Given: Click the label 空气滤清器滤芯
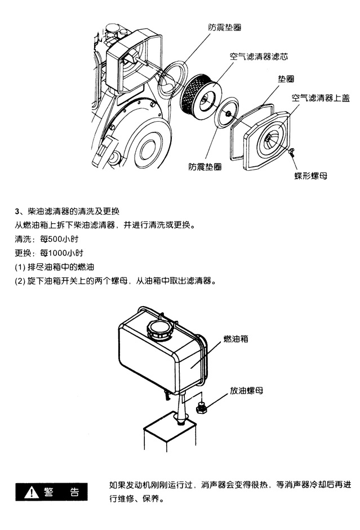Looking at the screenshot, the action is point(259,56).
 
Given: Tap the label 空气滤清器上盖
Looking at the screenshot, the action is point(321,98).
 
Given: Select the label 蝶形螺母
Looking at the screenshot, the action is point(310,176).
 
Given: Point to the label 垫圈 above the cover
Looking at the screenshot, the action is point(286,79).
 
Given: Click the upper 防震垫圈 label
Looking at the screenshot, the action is point(225,28).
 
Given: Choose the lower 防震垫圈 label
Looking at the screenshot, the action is point(205,167).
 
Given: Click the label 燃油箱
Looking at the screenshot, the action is point(235,339).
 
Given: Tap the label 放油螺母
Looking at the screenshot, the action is point(247,391).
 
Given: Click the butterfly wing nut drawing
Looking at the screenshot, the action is point(292,152).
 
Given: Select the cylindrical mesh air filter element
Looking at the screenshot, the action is point(200,95).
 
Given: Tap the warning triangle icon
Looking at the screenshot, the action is point(32,492).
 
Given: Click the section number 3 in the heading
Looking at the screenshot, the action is point(17,211).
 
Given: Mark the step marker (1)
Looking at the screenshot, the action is point(20,267).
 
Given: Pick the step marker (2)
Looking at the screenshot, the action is point(20,281).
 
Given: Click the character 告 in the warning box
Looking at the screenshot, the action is point(74,492).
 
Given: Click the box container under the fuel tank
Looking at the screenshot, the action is point(170,435).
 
